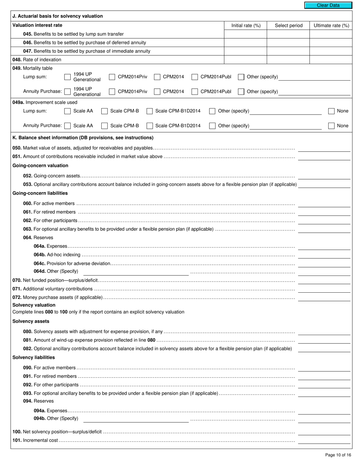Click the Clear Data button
tap(328, 5)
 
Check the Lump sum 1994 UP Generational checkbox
tap(67, 77)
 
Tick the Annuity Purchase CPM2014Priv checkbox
tap(112, 92)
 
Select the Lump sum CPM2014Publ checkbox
tap(194, 77)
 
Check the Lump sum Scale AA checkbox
tap(67, 111)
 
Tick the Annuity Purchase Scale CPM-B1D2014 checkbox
tap(150, 126)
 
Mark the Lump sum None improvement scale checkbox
tap(331, 111)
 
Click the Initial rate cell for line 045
tap(245, 34)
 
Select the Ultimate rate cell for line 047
tap(331, 51)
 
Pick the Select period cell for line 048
tap(288, 60)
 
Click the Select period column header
tap(288, 26)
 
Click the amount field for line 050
tap(324, 148)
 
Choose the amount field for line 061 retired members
tap(324, 212)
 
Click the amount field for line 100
tap(324, 432)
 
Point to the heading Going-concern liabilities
tap(40, 193)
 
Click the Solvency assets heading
tap(31, 321)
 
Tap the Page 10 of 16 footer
tap(338, 455)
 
